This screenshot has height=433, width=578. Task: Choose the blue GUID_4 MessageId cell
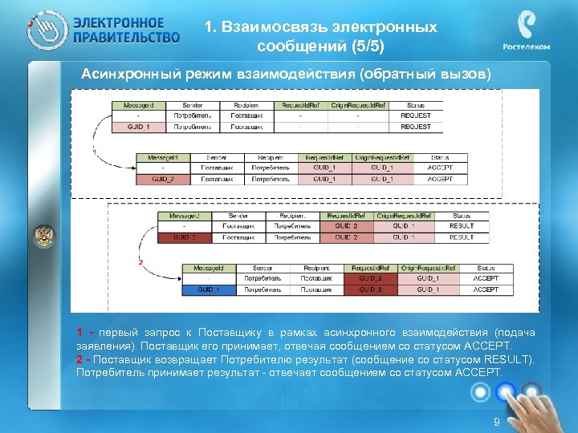(x=209, y=289)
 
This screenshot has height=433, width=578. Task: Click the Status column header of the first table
(x=415, y=105)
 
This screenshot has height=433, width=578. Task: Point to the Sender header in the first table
(x=193, y=105)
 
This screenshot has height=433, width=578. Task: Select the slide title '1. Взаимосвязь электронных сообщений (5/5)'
(x=320, y=38)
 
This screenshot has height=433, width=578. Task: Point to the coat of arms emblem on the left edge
(x=43, y=236)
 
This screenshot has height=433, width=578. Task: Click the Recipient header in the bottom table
(x=315, y=268)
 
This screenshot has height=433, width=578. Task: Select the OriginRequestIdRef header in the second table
(x=382, y=158)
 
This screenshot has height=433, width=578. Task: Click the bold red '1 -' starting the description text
(x=84, y=333)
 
